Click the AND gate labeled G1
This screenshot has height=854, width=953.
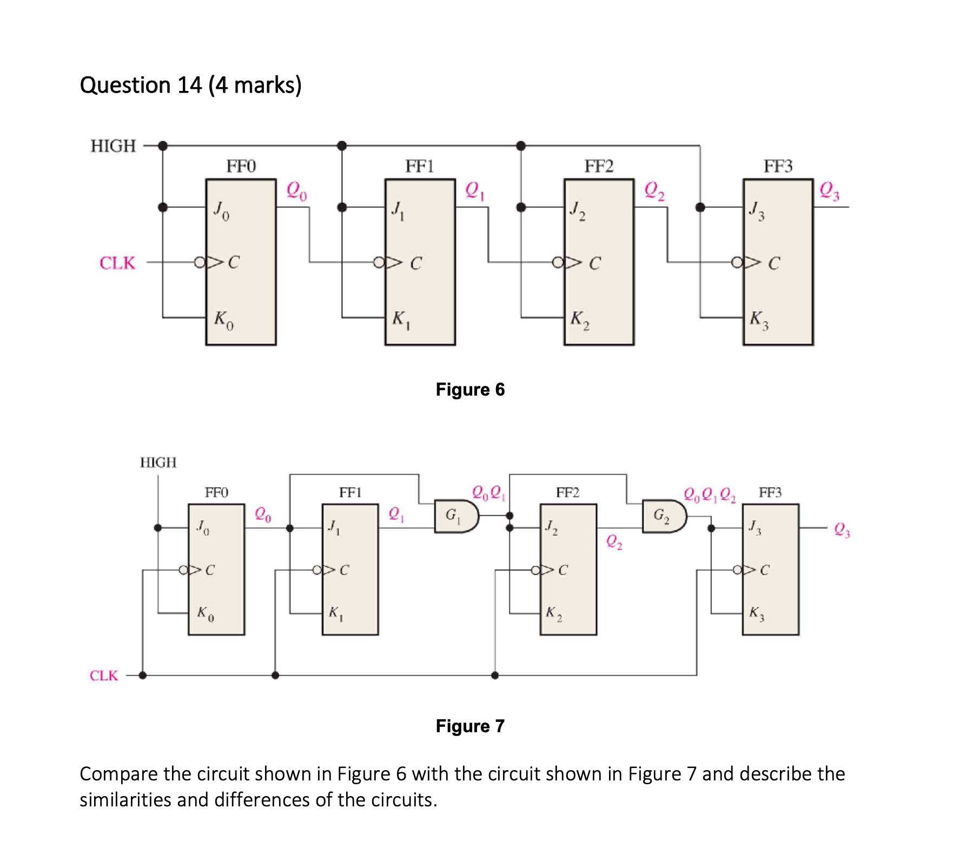tap(456, 516)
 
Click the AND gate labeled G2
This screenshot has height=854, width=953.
tap(664, 516)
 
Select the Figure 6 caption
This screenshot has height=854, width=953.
tap(469, 389)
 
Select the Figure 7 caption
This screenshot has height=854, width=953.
tap(469, 726)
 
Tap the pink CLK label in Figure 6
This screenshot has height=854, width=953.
tap(117, 263)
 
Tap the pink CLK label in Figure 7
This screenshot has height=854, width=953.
tap(103, 675)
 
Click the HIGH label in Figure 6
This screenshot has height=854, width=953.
tap(113, 146)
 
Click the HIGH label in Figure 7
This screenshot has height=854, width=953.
tap(158, 462)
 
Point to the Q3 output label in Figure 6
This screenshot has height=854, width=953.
tap(829, 190)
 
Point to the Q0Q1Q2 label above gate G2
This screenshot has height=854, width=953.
tap(709, 495)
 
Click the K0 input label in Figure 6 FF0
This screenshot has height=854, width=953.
tap(223, 319)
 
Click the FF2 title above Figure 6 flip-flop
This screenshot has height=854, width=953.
tap(599, 166)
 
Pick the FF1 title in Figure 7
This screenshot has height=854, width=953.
tap(350, 492)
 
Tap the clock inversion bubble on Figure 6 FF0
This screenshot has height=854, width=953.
tap(200, 262)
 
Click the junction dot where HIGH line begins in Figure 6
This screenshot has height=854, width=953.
tap(163, 146)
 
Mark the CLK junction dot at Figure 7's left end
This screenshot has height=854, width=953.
tap(143, 675)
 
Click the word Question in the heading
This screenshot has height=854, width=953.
tap(125, 85)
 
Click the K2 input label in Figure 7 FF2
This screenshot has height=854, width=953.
tap(553, 613)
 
